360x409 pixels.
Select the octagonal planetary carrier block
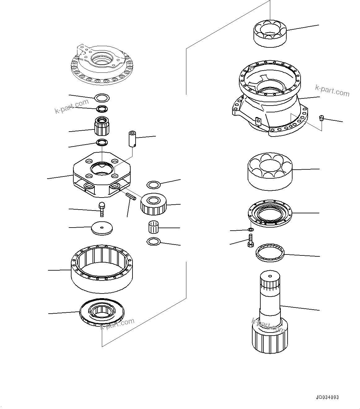pyautogui.click(x=102, y=175)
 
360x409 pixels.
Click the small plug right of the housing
pyautogui.click(x=321, y=118)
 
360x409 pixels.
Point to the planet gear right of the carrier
pyautogui.click(x=154, y=204)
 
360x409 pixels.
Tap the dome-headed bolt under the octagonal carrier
pyautogui.click(x=102, y=209)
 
